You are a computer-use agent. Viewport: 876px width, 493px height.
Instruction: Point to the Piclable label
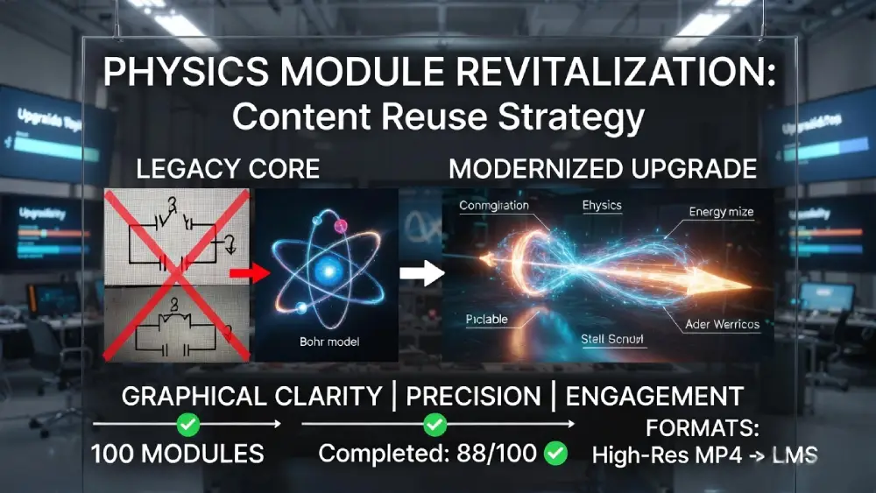pos(486,319)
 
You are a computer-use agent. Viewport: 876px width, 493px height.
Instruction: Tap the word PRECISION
pos(473,396)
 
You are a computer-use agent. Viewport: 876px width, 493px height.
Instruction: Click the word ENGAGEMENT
pos(654,396)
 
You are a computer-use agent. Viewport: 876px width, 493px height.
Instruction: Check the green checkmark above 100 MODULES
pos(187,425)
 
